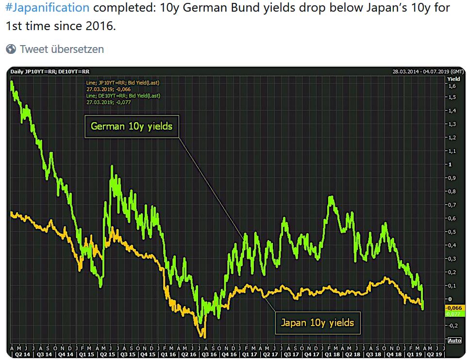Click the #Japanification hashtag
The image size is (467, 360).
(48, 8)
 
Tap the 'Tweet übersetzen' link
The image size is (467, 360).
(62, 49)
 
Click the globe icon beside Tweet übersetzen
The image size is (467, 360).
(11, 49)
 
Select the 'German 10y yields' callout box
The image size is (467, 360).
(132, 127)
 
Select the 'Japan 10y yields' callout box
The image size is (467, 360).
(317, 322)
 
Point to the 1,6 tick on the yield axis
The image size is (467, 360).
(452, 86)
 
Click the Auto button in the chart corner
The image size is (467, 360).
(454, 340)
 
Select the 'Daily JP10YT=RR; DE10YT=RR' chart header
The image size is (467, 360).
(50, 72)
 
